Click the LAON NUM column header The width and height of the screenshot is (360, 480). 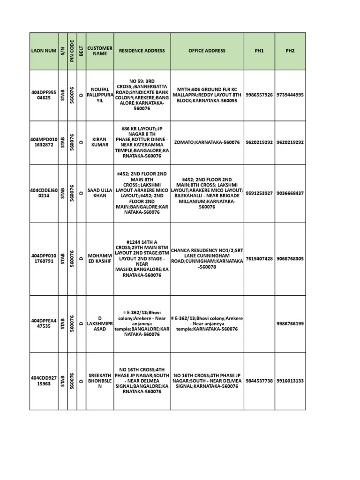coord(44,51)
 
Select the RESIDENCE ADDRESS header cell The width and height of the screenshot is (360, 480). coord(142,51)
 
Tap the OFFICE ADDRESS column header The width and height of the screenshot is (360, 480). coord(207,51)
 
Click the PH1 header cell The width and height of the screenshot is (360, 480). coord(259,51)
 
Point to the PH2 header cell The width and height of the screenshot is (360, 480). coord(290,51)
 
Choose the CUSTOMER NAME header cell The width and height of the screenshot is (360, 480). coord(100,51)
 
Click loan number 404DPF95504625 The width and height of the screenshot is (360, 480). coord(44,95)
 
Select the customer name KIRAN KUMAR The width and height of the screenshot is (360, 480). coord(100,142)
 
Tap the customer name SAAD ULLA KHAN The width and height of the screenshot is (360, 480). coord(100,193)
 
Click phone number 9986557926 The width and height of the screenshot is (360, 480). coord(259,95)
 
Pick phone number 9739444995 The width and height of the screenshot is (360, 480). coord(290,95)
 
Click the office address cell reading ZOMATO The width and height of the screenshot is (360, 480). coord(207,142)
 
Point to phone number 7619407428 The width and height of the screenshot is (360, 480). coord(259,259)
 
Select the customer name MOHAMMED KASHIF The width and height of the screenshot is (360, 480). coord(100,259)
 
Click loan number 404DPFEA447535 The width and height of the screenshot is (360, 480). coord(44,323)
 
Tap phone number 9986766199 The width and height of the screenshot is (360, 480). coord(290,323)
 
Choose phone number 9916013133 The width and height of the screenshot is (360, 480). coord(290,381)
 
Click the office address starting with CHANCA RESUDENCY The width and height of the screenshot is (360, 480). coord(207,259)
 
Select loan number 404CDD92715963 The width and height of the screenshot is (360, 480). coord(44,381)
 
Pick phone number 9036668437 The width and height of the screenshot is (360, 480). coord(290,193)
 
